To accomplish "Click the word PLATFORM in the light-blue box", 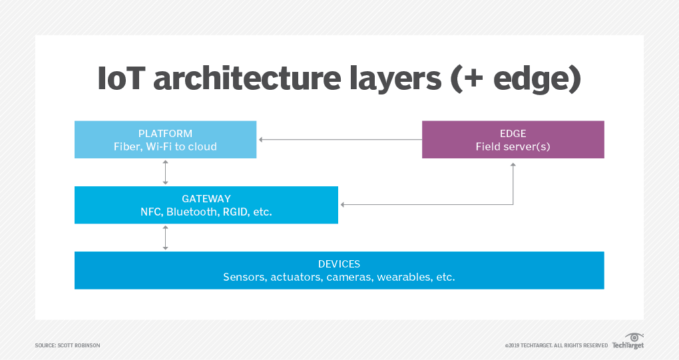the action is (x=165, y=134).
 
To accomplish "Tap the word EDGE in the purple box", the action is (x=513, y=134).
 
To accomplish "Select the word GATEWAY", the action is (x=206, y=198).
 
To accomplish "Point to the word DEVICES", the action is (x=339, y=264).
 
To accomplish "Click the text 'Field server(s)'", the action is (x=513, y=146).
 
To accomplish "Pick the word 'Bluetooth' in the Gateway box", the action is (x=192, y=212).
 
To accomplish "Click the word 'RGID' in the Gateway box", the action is (x=234, y=212).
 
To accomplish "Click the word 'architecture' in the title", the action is (x=247, y=79).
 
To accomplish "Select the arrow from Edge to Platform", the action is (x=340, y=140).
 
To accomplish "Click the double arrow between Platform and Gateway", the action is (x=165, y=172).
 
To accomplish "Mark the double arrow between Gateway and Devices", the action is (x=165, y=238).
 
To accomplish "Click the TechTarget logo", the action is (x=628, y=341).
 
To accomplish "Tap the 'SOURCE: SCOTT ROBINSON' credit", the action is (x=67, y=345).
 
